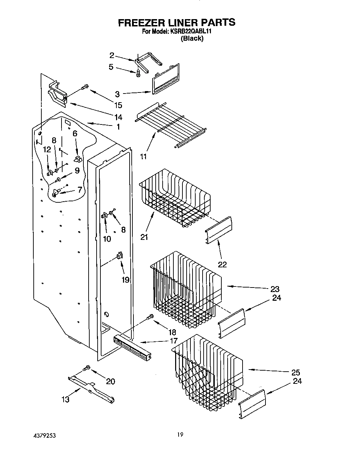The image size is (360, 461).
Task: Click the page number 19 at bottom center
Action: (180, 435)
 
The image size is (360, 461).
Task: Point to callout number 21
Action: (144, 237)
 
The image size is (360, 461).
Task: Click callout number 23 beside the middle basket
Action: (275, 289)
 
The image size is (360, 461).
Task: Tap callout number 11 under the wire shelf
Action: (144, 156)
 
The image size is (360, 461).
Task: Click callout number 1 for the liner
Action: (118, 127)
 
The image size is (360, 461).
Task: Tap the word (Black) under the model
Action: (192, 38)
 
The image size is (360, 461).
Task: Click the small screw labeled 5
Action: (138, 73)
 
